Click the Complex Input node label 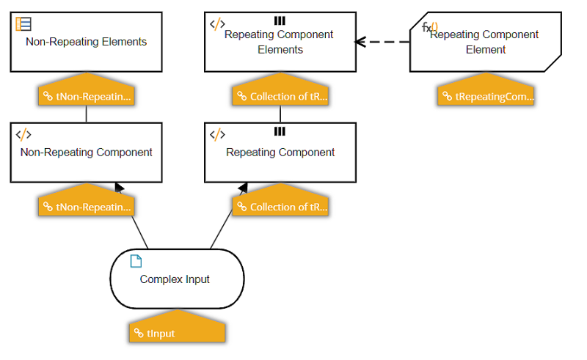[x=175, y=279]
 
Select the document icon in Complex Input [x=136, y=262]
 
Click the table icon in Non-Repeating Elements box [x=23, y=24]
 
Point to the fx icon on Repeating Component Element [x=430, y=27]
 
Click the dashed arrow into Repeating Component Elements [x=382, y=42]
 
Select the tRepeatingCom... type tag [x=487, y=96]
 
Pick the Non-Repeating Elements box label [x=86, y=42]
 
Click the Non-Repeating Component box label [x=86, y=153]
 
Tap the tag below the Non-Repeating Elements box [x=87, y=96]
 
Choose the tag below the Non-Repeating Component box [x=87, y=207]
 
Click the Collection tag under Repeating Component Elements [x=281, y=96]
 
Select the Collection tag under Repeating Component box [x=281, y=207]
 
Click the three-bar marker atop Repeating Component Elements [x=280, y=21]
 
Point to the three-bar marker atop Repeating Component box [x=280, y=131]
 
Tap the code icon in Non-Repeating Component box [x=23, y=135]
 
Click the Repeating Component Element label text [x=484, y=42]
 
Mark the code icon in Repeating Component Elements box [x=217, y=24]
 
